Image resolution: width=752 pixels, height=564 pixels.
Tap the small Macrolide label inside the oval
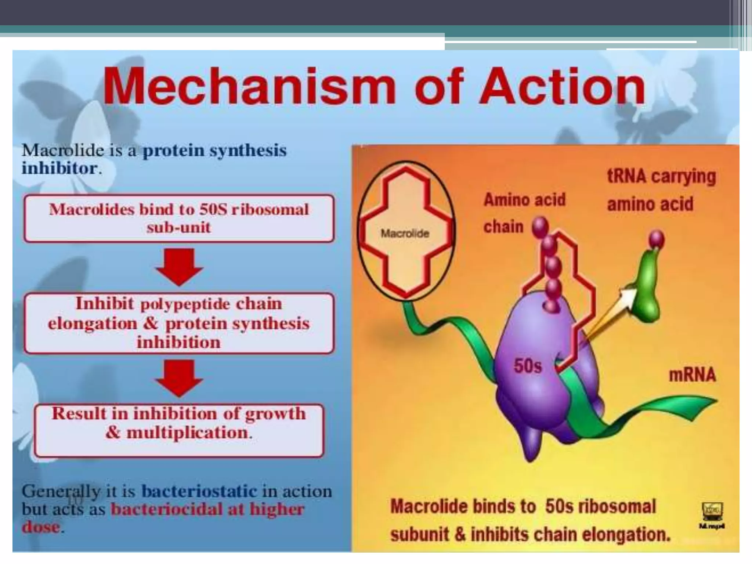pos(405,234)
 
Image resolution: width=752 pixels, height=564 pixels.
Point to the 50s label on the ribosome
pos(527,366)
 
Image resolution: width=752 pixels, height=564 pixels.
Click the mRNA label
pos(692,375)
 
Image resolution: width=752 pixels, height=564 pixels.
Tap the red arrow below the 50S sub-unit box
pos(179,267)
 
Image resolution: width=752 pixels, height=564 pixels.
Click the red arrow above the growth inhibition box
pos(179,377)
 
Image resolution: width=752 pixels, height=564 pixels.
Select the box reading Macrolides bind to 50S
pos(179,218)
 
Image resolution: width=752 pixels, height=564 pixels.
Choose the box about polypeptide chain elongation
pos(179,323)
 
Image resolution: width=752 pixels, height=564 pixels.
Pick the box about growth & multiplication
pos(179,430)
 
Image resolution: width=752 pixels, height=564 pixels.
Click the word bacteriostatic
pos(199,491)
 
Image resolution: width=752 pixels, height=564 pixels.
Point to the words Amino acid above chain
pos(524,200)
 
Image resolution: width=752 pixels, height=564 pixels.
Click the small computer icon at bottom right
pos(712,511)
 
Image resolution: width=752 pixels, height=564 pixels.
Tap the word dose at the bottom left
pos(40,527)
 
